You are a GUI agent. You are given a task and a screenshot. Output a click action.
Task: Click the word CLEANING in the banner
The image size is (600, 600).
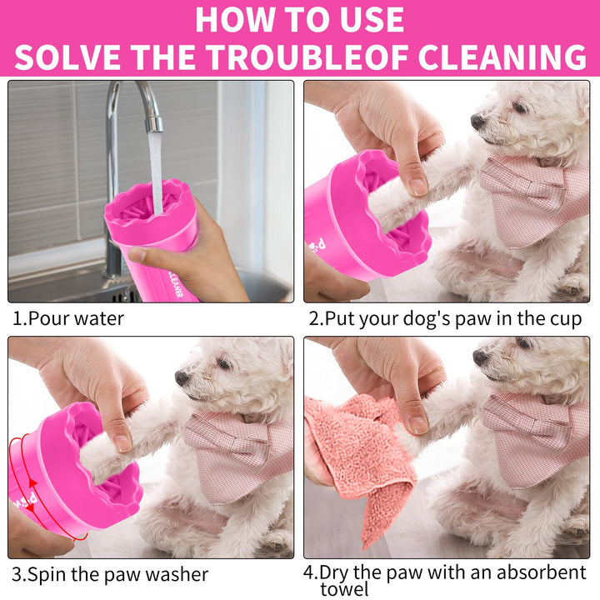(x=502, y=57)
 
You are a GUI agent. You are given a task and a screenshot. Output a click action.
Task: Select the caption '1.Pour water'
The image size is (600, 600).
(x=68, y=318)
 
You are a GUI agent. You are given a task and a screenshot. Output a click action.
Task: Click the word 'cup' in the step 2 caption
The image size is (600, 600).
(x=566, y=319)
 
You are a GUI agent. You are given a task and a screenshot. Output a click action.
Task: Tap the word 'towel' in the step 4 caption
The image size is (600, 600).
(x=344, y=589)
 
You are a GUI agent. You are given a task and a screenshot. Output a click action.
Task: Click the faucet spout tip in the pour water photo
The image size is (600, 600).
(x=154, y=126)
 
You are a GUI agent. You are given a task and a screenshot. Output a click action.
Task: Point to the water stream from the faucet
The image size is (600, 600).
(x=156, y=172)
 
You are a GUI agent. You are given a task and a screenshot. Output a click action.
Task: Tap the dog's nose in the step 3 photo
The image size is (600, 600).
(x=182, y=377)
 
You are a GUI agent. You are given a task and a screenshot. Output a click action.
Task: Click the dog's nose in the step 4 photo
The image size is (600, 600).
(x=480, y=357)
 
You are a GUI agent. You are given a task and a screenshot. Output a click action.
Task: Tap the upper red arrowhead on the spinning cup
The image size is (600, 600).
(x=32, y=483)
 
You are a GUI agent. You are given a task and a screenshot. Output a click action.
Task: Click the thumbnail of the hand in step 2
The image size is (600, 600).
(x=417, y=187)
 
